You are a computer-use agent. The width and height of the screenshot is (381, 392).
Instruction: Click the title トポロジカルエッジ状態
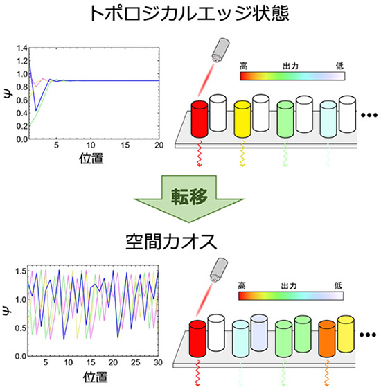point(190,13)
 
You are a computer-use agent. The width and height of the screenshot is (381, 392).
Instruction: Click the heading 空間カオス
point(171,242)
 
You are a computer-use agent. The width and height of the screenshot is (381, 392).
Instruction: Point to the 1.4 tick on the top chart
point(22,48)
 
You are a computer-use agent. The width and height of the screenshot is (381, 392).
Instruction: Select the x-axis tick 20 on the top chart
point(159,145)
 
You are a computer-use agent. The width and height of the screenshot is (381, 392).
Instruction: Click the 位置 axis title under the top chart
point(91,158)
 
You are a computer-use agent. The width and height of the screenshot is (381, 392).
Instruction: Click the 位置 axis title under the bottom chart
point(96,377)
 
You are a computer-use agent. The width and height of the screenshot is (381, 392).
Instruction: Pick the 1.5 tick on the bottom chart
point(21,271)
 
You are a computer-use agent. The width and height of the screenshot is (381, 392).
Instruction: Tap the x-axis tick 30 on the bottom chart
point(158,362)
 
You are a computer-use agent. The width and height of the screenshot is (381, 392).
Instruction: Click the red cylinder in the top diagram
point(200,119)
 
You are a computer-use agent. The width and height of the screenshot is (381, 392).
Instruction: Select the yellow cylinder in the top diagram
point(242,119)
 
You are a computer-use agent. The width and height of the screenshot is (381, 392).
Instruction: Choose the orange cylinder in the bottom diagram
point(327,339)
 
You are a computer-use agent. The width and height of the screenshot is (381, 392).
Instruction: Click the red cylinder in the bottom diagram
point(197,339)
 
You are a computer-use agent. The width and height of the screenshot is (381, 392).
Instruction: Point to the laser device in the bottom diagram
point(219,269)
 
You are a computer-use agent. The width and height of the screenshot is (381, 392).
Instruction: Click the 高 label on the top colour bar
point(244,66)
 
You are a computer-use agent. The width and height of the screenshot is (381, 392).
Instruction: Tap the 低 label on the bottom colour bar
point(338,285)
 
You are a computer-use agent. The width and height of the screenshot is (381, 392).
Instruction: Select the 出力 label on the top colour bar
point(290,66)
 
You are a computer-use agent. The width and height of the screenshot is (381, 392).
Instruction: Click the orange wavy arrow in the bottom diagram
point(327,373)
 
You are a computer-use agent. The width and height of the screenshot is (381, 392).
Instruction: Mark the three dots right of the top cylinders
point(369,115)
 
